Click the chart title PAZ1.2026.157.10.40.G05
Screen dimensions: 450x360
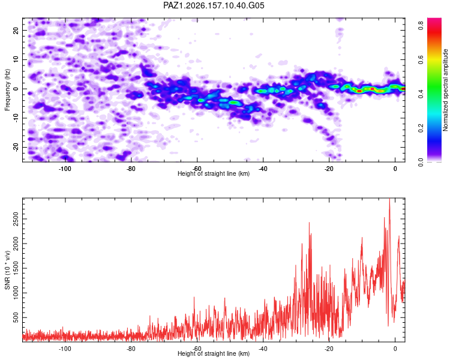point(214,5)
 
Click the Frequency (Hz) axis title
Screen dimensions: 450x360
point(7,90)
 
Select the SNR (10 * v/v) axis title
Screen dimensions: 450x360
point(7,270)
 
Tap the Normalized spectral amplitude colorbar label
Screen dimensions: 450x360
point(445,90)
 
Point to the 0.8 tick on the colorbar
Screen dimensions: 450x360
point(421,26)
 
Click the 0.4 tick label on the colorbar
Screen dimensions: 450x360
point(421,94)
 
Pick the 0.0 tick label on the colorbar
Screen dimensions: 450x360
point(421,162)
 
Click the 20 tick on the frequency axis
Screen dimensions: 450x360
point(16,30)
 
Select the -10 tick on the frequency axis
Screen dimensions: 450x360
point(16,118)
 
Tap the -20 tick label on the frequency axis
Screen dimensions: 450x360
point(16,147)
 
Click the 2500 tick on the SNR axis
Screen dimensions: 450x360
point(16,219)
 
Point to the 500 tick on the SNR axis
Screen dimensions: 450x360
point(16,317)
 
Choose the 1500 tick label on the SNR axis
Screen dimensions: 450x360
point(16,268)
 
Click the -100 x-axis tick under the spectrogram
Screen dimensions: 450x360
point(65,169)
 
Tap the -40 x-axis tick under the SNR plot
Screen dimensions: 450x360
point(263,349)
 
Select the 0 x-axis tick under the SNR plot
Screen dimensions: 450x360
point(395,349)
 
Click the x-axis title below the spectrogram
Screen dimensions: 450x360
point(214,173)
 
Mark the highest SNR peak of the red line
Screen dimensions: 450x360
point(389,199)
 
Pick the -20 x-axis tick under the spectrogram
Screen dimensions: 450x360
point(329,169)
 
